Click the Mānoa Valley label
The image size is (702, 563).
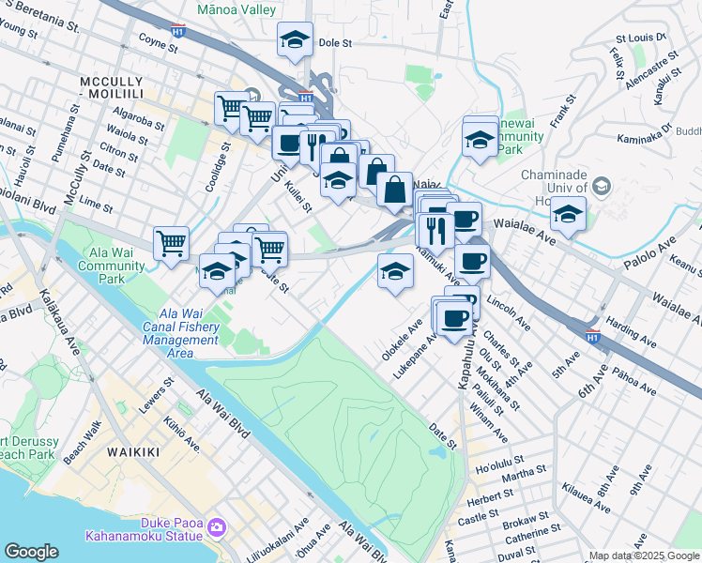pos(237,9)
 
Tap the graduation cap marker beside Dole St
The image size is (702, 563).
pos(296,40)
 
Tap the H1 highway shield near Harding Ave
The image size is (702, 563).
pos(592,336)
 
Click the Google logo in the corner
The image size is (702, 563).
pos(32,551)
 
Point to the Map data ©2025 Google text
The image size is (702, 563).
pos(643,555)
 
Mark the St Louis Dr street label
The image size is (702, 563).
pos(641,39)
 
